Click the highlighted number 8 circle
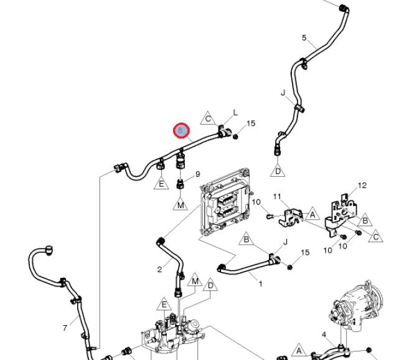click(x=180, y=130)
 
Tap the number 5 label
click(x=304, y=38)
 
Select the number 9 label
click(x=198, y=174)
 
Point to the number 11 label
click(x=278, y=197)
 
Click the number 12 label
click(x=362, y=185)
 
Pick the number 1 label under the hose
click(x=260, y=284)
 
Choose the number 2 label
click(x=160, y=269)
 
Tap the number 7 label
click(x=65, y=328)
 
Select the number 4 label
click(x=324, y=335)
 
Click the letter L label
click(x=235, y=113)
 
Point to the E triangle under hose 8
click(x=161, y=183)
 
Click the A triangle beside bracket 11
click(x=313, y=215)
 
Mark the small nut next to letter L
click(x=236, y=136)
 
